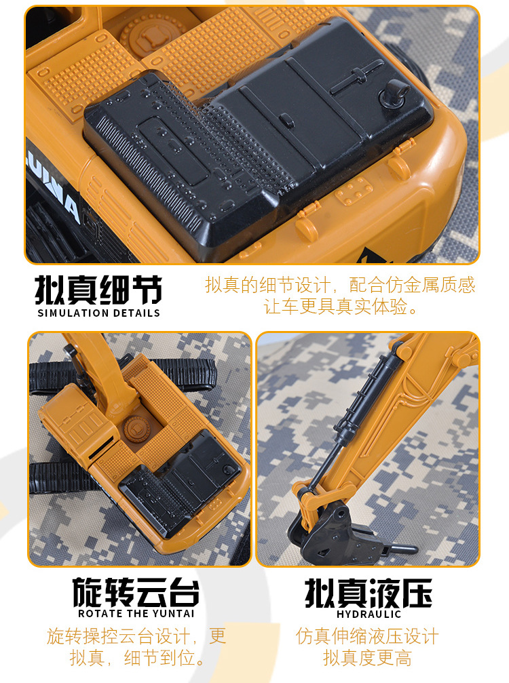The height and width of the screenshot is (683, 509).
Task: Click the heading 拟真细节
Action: click(x=98, y=290)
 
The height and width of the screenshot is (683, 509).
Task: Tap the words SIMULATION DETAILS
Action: click(x=98, y=313)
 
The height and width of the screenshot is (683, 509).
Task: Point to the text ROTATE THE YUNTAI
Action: click(x=136, y=614)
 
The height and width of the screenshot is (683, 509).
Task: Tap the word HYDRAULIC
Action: click(x=369, y=614)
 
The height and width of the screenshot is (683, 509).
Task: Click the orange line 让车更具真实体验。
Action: click(x=341, y=307)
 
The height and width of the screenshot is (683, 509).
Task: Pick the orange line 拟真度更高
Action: click(x=367, y=658)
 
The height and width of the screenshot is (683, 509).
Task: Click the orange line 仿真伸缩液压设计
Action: click(x=367, y=636)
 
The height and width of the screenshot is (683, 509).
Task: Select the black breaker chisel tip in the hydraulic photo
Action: click(x=400, y=548)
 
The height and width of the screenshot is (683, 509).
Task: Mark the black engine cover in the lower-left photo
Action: click(x=180, y=485)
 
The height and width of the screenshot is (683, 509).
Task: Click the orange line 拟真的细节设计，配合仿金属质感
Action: click(x=341, y=285)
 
